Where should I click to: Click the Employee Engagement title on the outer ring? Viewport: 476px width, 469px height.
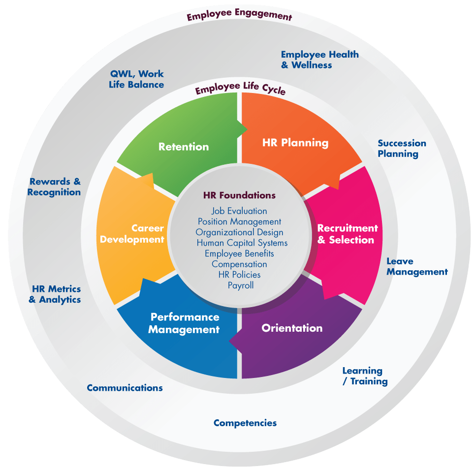tap(239, 16)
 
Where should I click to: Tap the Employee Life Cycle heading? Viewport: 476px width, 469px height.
tap(240, 89)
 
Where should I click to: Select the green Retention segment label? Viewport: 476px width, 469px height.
tap(184, 147)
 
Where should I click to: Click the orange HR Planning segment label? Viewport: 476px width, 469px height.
tap(295, 143)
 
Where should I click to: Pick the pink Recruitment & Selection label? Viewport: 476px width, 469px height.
tap(347, 234)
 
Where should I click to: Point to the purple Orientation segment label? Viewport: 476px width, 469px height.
tap(292, 328)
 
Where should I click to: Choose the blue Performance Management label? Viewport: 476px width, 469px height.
tap(184, 323)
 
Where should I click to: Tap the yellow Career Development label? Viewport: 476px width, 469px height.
tap(132, 234)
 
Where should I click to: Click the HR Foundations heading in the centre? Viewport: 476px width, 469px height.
tap(239, 195)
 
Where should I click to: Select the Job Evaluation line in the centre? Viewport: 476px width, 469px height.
tap(239, 211)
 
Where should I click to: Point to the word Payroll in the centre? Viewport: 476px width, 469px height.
tap(241, 285)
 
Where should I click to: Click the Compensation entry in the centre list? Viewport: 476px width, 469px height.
tap(239, 264)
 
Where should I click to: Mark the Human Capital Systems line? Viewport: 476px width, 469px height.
tap(242, 243)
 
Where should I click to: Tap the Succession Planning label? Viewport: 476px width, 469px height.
tap(402, 149)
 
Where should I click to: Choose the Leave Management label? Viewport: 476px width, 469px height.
tap(417, 267)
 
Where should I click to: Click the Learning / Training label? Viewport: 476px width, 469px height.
tap(365, 376)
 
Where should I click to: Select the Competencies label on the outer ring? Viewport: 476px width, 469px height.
tap(245, 423)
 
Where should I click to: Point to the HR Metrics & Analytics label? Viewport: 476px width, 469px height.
tap(55, 294)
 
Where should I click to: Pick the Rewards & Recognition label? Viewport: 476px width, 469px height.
tap(54, 187)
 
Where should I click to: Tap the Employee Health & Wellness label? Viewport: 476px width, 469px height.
tap(319, 60)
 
